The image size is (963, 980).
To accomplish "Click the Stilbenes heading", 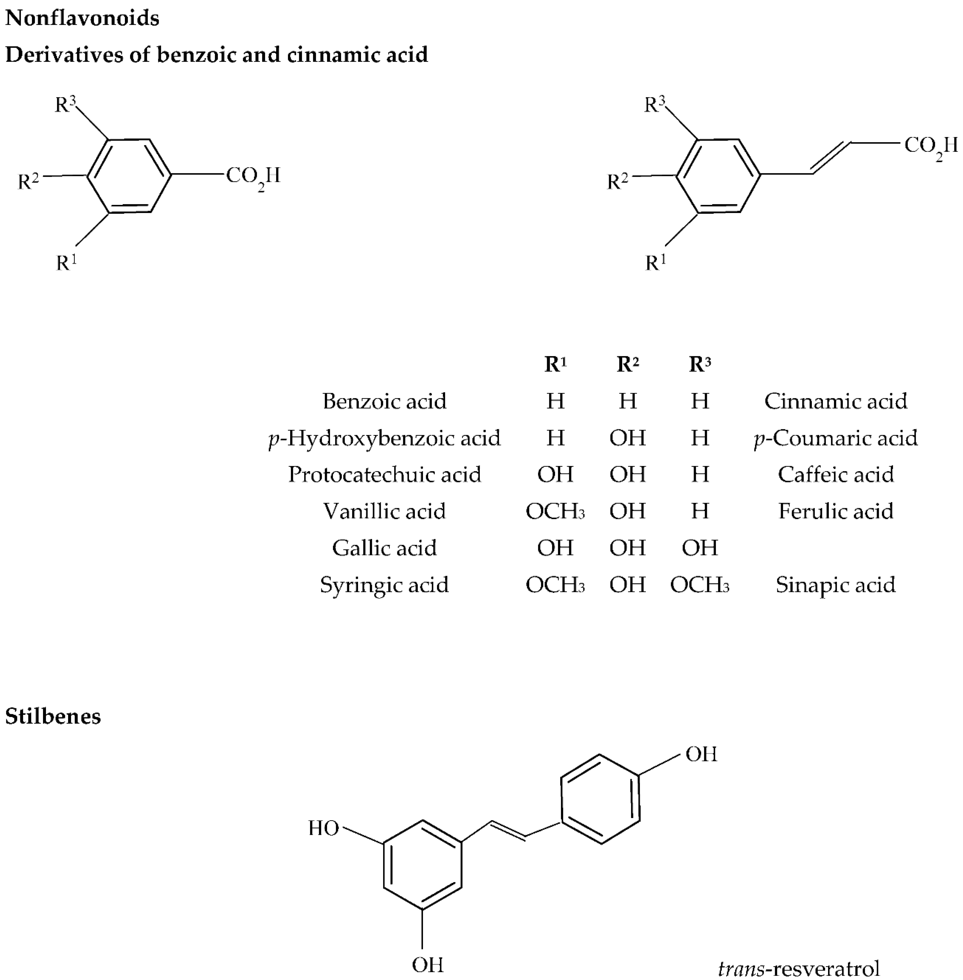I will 53,716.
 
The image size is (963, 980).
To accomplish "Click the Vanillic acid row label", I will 384,511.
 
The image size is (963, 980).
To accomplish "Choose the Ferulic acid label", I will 836,511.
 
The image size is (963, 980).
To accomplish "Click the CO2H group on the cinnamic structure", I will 931,147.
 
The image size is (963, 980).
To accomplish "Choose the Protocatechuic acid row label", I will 384,475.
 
